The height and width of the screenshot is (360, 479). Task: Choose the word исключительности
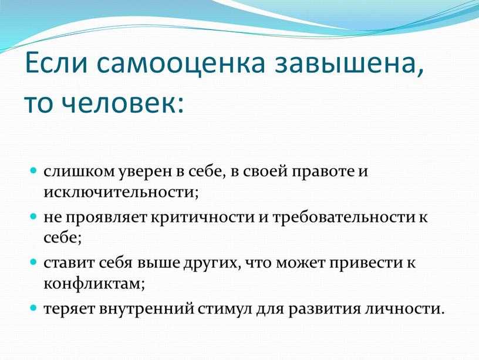click(121, 193)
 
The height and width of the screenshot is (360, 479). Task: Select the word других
click(211, 264)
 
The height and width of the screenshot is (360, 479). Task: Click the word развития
click(325, 309)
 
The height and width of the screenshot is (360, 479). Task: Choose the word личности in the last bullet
click(403, 309)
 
